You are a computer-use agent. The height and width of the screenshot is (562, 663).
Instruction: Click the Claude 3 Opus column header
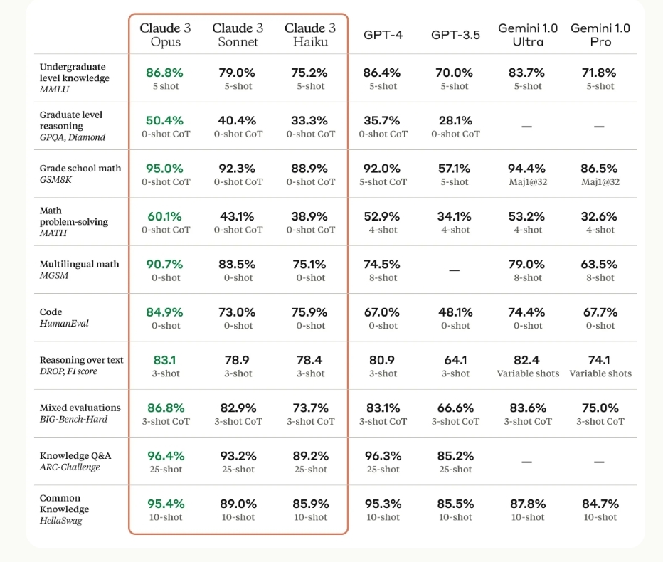tap(165, 35)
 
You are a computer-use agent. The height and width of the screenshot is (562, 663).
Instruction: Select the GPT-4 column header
tap(383, 35)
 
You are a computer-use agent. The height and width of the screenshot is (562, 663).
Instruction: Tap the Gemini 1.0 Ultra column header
tap(528, 35)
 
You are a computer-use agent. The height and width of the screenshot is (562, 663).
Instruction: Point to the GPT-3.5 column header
tap(455, 35)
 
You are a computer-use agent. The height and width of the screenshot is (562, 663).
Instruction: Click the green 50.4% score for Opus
tap(165, 120)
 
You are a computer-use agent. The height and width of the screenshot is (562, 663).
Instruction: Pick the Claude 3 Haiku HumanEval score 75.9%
tap(310, 312)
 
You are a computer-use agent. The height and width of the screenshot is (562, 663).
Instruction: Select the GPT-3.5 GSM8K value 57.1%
tap(455, 169)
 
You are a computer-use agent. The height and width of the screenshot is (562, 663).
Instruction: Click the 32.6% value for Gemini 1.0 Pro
tap(600, 216)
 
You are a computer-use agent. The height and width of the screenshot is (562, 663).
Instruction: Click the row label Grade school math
tap(80, 169)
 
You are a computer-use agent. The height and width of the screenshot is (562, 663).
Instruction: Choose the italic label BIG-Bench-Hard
tap(74, 419)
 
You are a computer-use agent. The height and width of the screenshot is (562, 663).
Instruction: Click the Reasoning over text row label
tap(81, 360)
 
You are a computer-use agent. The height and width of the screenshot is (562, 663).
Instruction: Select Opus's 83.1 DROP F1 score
tap(165, 360)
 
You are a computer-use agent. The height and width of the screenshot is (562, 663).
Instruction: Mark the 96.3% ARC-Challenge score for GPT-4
tap(383, 455)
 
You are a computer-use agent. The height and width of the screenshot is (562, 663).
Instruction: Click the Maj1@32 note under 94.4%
tap(528, 182)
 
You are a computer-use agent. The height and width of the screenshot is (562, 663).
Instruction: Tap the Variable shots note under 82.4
tap(528, 373)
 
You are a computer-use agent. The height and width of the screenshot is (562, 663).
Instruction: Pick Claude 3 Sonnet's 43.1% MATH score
tap(238, 216)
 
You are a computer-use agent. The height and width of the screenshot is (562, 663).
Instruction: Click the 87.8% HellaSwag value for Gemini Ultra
tap(528, 504)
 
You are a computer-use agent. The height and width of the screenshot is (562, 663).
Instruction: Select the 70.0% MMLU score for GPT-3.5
tap(455, 73)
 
